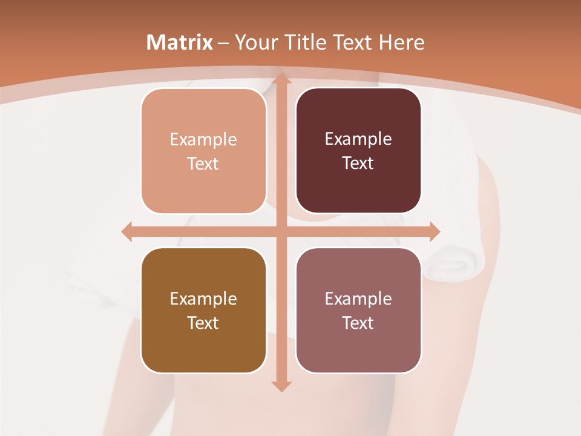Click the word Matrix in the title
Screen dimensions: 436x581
click(x=180, y=42)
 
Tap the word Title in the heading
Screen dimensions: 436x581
click(x=305, y=42)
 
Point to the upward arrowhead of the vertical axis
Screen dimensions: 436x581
click(x=281, y=78)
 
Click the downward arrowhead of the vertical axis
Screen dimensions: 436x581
click(x=281, y=386)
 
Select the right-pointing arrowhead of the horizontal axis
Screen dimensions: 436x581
click(x=434, y=232)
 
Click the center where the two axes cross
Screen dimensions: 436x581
click(x=281, y=232)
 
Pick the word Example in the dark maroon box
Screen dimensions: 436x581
click(x=358, y=139)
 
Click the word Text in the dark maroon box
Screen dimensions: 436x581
click(x=358, y=163)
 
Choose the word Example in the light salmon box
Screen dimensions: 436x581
click(x=203, y=140)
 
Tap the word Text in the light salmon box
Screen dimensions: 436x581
click(x=203, y=164)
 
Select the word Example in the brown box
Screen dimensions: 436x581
click(x=203, y=299)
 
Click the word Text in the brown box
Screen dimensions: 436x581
click(x=203, y=323)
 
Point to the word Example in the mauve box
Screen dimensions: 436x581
click(x=358, y=299)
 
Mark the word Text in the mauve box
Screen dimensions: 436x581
click(x=358, y=323)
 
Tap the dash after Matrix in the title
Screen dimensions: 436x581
click(x=223, y=43)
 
